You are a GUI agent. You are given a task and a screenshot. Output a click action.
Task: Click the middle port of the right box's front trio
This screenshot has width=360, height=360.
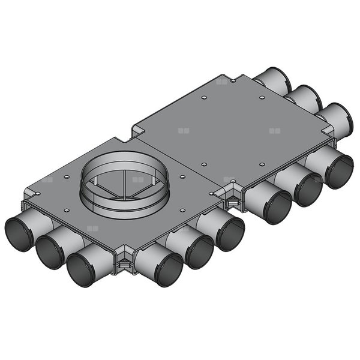click(x=308, y=188)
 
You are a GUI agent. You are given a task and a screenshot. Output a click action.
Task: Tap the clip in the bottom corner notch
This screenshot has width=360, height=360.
click(x=124, y=260)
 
